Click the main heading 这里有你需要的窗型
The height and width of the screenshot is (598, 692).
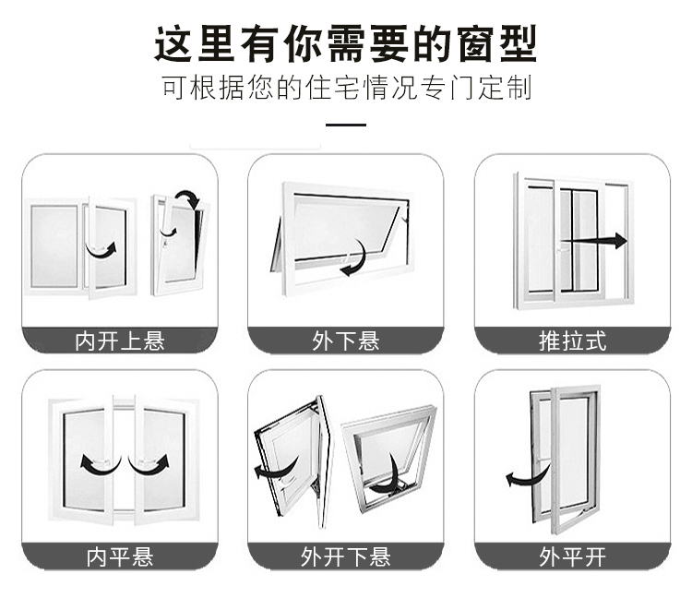(x=346, y=43)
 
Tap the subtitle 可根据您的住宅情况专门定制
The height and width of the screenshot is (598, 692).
(x=346, y=87)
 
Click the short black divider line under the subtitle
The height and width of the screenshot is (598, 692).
(x=346, y=125)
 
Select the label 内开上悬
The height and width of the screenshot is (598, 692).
(x=120, y=341)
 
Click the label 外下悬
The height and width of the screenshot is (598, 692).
(x=346, y=341)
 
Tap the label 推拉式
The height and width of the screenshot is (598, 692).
(x=572, y=341)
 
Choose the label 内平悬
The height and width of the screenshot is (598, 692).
(x=120, y=557)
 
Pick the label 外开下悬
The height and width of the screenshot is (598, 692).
(x=346, y=557)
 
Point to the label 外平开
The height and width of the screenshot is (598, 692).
(x=572, y=557)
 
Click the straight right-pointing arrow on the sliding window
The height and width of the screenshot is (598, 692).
(x=593, y=241)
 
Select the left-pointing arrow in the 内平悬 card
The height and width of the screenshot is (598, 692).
(x=100, y=469)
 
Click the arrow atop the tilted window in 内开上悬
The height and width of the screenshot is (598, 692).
(x=190, y=197)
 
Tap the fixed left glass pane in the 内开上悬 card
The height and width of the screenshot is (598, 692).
(x=54, y=246)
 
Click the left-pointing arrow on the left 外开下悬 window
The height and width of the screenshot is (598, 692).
(x=276, y=471)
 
